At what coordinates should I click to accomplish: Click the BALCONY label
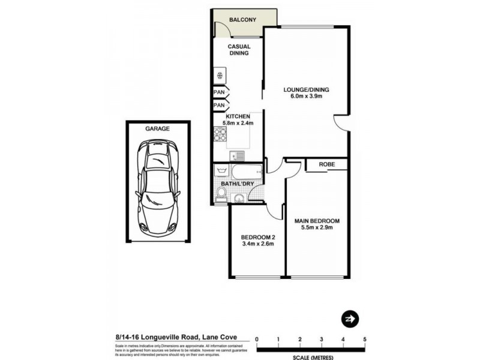(x=242, y=20)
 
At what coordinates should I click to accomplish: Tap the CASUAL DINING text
(x=238, y=50)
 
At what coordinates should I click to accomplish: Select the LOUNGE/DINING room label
(x=306, y=91)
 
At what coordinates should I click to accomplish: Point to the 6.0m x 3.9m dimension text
(x=306, y=97)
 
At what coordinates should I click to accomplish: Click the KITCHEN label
(x=238, y=116)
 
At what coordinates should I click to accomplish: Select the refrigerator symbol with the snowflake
(x=220, y=76)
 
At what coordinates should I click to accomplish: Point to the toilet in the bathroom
(x=221, y=193)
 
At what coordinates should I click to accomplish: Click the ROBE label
(x=326, y=164)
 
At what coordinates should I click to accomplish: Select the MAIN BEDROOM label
(x=317, y=221)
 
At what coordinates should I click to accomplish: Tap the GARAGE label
(x=157, y=128)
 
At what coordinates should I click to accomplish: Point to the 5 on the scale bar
(x=365, y=340)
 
